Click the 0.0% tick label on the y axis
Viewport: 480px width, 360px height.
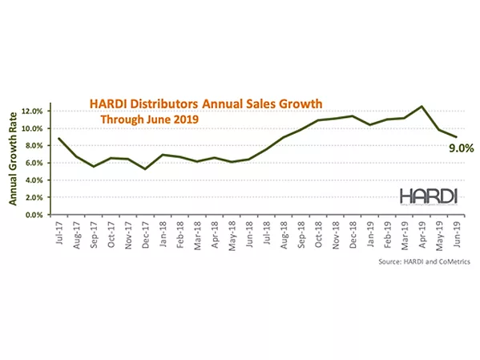(x=37, y=215)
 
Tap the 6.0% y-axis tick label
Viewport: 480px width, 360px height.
(x=37, y=163)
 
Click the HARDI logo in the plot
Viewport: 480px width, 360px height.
(x=430, y=196)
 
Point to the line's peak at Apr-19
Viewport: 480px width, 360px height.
(x=422, y=106)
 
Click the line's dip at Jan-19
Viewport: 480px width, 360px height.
(x=369, y=124)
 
